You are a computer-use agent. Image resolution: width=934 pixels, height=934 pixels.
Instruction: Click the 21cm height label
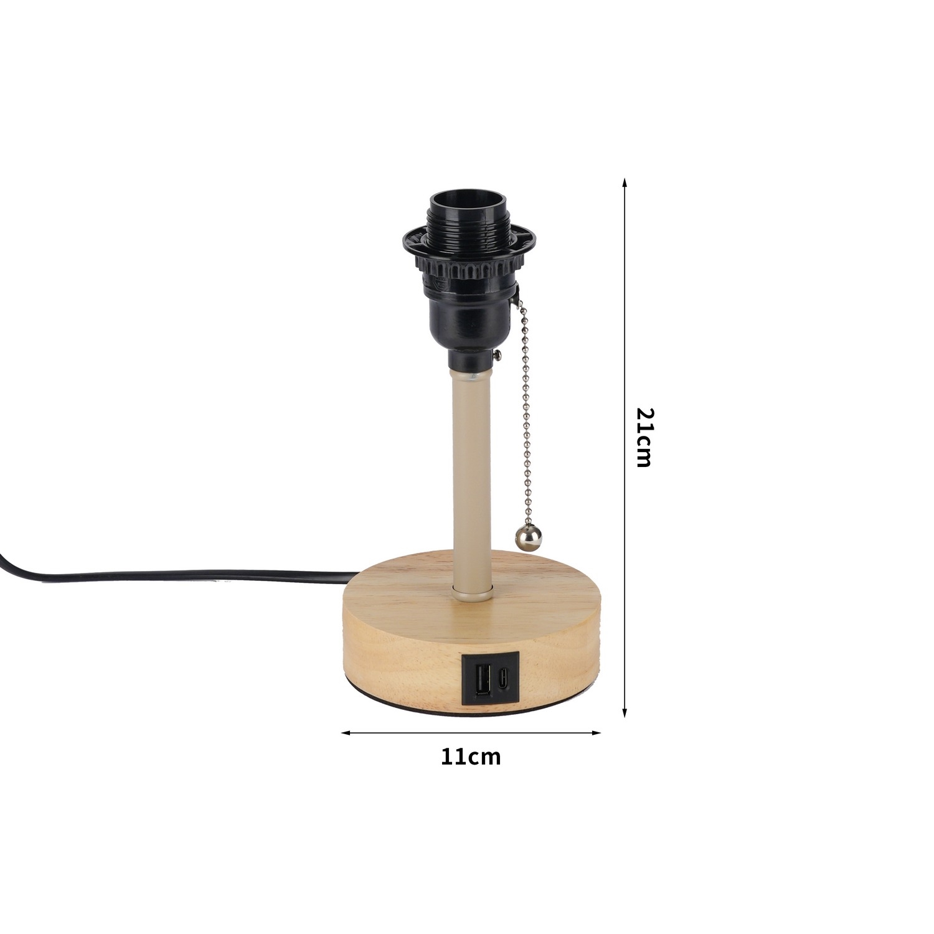click(x=644, y=437)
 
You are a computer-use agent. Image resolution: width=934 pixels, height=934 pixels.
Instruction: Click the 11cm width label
click(x=471, y=757)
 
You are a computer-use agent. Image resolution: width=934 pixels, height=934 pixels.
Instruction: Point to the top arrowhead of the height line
click(x=625, y=184)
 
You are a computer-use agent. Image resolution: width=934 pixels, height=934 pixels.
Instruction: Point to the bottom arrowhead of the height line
click(x=625, y=712)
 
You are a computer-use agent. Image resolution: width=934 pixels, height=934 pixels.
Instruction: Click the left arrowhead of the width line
click(x=347, y=733)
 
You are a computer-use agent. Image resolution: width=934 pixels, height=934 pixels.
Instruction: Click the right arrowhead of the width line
click(x=595, y=733)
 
